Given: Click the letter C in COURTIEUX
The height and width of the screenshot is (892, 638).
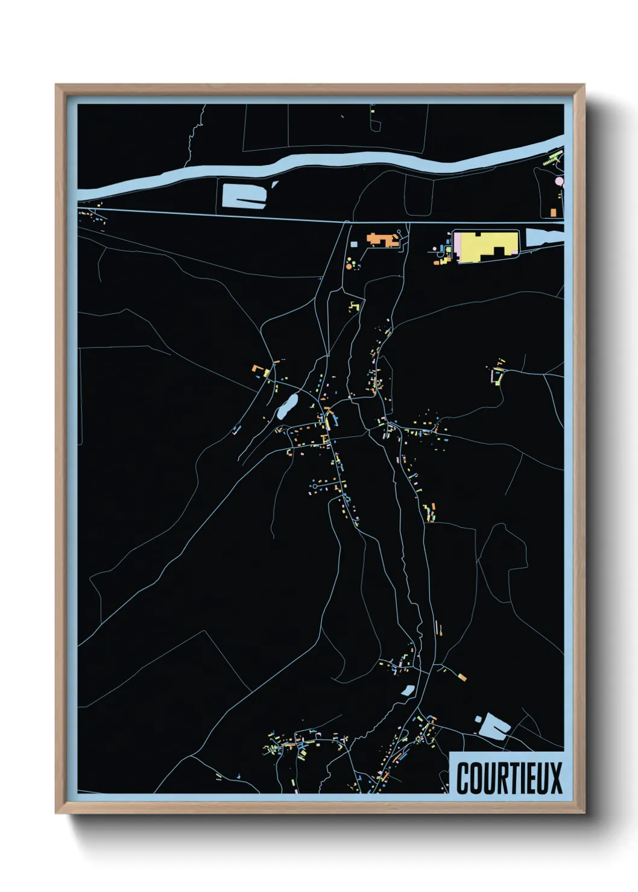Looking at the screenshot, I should coord(464,778).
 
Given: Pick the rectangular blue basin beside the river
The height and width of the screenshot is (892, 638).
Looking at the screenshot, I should coord(244,195).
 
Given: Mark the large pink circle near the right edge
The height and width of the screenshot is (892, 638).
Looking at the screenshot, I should coord(559,181).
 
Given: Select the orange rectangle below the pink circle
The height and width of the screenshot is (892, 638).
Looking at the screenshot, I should coord(553,212).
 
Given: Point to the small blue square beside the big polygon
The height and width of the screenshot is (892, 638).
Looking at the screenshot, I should coord(478,718).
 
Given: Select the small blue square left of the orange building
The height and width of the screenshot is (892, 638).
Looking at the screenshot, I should coord(354,244).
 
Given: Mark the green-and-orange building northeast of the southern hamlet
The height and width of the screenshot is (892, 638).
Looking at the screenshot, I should coord(461,676).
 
